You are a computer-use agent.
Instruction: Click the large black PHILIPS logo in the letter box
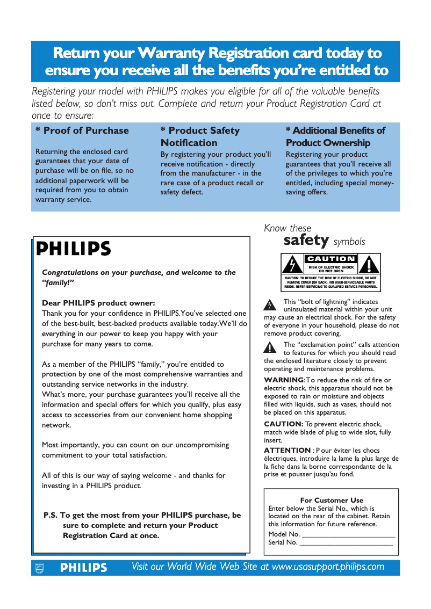tap(74, 249)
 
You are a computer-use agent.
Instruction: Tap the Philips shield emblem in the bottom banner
tap(39, 568)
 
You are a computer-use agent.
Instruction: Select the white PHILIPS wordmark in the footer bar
tap(83, 568)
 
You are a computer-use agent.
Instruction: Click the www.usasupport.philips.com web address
tap(328, 567)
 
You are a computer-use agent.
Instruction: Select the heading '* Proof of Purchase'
tap(82, 130)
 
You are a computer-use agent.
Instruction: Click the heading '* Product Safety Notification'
tap(200, 136)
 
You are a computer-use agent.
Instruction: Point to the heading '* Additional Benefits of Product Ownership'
tap(335, 136)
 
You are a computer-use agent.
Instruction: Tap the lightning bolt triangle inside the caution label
tap(291, 265)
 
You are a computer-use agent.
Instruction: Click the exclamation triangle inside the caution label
tap(369, 265)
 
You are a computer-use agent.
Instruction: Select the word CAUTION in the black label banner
tap(331, 259)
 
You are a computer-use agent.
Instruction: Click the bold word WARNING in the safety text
tap(284, 380)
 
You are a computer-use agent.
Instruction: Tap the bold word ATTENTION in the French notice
tap(287, 450)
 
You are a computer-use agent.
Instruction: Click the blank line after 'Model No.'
tap(349, 535)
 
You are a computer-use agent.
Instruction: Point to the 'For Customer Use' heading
tap(331, 500)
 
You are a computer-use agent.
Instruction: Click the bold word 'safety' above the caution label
tap(306, 240)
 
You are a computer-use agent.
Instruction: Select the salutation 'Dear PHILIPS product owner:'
tap(98, 303)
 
